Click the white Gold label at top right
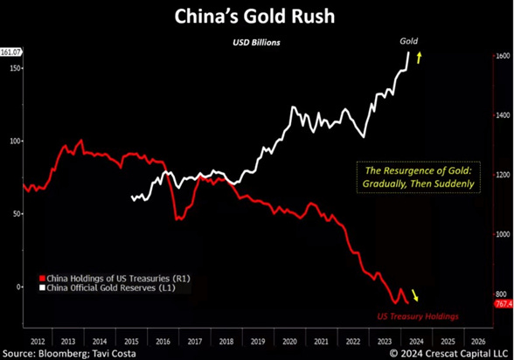(408, 41)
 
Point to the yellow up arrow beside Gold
(420, 58)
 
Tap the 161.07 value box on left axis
(10, 52)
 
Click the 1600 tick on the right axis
(502, 56)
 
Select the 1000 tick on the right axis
(502, 234)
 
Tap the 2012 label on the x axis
(38, 339)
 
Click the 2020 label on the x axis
(290, 339)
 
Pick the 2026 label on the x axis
(479, 339)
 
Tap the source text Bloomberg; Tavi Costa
(89, 352)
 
